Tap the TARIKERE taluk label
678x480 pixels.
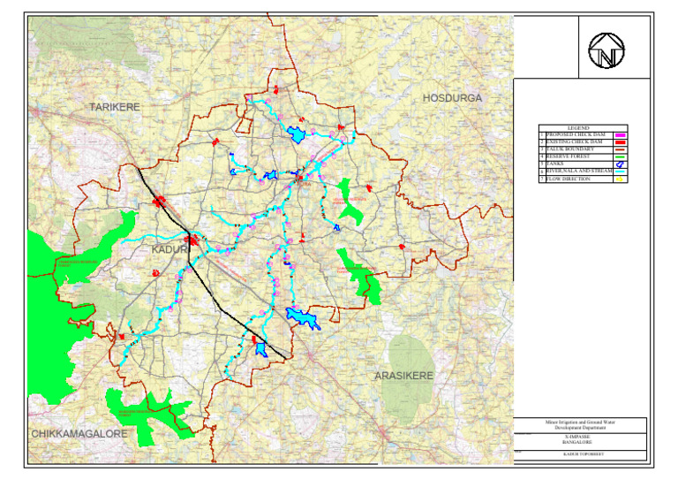point(116,106)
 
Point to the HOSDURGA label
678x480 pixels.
point(453,97)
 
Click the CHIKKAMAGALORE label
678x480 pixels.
point(80,434)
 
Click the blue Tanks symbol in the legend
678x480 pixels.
point(619,164)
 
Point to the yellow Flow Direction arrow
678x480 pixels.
point(619,179)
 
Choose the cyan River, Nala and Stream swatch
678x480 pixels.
point(619,171)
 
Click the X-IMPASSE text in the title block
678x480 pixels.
point(581,434)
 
